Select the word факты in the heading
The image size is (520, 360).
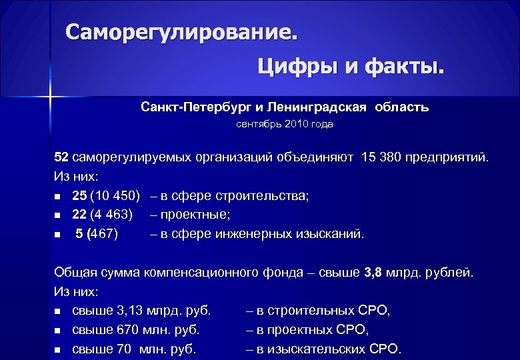pos(403,66)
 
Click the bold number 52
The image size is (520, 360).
pos(61,158)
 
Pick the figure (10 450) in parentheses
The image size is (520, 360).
pos(115,196)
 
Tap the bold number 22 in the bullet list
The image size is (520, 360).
pos(79,215)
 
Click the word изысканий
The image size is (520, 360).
pos(333,234)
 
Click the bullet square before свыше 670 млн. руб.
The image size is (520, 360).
pos(58,330)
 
